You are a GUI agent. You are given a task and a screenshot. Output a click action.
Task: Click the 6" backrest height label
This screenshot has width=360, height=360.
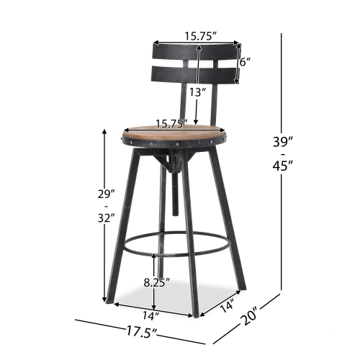pyautogui.click(x=246, y=62)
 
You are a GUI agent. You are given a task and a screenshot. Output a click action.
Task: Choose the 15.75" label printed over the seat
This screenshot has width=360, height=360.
pyautogui.click(x=171, y=124)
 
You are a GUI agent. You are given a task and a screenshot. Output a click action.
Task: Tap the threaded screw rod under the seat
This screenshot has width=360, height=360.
pyautogui.click(x=174, y=189)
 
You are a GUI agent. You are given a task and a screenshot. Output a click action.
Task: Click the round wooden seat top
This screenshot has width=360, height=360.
pyautogui.click(x=167, y=132)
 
